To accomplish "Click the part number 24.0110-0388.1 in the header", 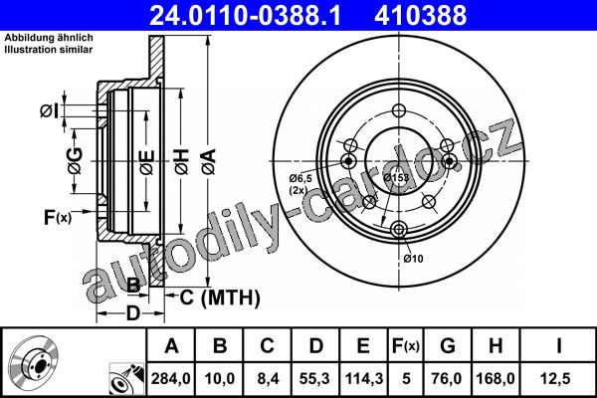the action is pos(245,15).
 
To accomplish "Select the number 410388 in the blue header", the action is pos(420,15).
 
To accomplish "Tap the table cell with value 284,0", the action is pos(170,378).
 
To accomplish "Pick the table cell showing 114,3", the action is pos(363,378).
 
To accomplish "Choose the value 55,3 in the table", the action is pos(315,378).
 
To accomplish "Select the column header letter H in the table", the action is pos(496,346).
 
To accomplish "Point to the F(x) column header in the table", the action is pos(406,346).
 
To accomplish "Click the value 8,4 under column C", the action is pos(268,378).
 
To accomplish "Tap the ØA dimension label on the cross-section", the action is pos(210,162).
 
